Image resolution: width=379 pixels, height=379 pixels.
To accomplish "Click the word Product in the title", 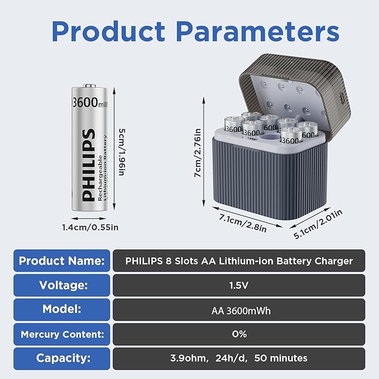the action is [x=108, y=32].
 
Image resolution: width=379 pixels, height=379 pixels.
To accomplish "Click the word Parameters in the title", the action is [x=258, y=32].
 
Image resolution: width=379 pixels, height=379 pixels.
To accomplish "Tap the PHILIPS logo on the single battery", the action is [x=88, y=165].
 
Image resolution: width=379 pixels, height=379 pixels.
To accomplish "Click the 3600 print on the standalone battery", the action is [x=85, y=102].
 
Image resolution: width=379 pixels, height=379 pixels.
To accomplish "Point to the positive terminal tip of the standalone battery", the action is [x=89, y=85].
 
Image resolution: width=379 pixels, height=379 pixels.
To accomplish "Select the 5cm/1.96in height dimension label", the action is [x=122, y=152].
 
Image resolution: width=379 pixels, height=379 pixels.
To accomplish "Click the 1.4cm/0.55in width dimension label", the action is [x=90, y=227].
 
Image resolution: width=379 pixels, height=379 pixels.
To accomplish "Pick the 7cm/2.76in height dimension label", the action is [x=198, y=153].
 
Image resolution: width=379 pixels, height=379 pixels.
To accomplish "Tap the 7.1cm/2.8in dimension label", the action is [x=243, y=223].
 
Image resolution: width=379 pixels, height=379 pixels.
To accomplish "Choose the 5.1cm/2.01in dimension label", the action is [x=318, y=224].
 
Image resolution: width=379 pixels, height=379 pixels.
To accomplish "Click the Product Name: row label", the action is [x=61, y=261].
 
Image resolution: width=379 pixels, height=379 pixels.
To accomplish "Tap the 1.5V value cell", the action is [x=239, y=285].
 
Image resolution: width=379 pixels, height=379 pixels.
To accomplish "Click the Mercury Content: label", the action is [x=62, y=334].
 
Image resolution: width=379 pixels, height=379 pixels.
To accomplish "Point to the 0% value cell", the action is [x=239, y=334].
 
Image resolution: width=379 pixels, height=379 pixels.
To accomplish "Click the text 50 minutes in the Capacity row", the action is [x=281, y=358].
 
